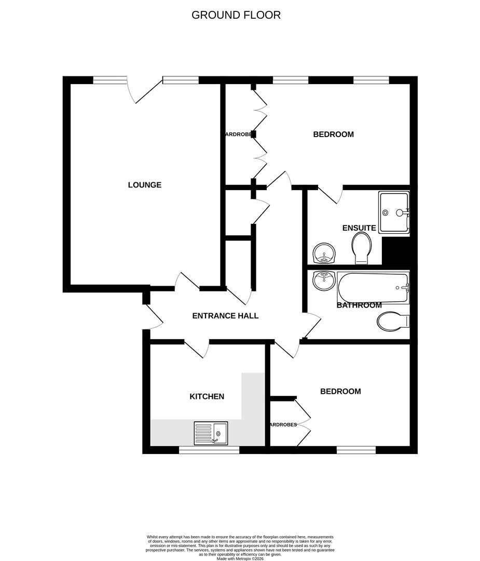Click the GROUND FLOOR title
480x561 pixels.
click(x=236, y=15)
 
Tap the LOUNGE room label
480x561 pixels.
click(x=145, y=185)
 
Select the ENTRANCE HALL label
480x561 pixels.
click(x=225, y=316)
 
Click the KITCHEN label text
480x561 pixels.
click(x=207, y=396)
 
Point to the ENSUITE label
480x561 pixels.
click(x=359, y=228)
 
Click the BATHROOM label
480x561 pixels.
click(x=359, y=305)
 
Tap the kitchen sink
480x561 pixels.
click(x=211, y=433)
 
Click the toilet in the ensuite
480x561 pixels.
click(x=361, y=248)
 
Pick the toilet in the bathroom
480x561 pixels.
click(x=393, y=322)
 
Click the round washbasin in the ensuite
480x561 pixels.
click(x=325, y=253)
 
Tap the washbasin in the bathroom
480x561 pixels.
click(x=323, y=281)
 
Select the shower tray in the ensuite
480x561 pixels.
click(x=394, y=212)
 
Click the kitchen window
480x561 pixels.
click(x=209, y=450)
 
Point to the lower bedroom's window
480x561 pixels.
click(x=356, y=450)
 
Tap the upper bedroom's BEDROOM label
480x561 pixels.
click(x=333, y=135)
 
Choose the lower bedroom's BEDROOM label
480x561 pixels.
click(x=340, y=392)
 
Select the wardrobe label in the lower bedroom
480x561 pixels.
click(x=283, y=425)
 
